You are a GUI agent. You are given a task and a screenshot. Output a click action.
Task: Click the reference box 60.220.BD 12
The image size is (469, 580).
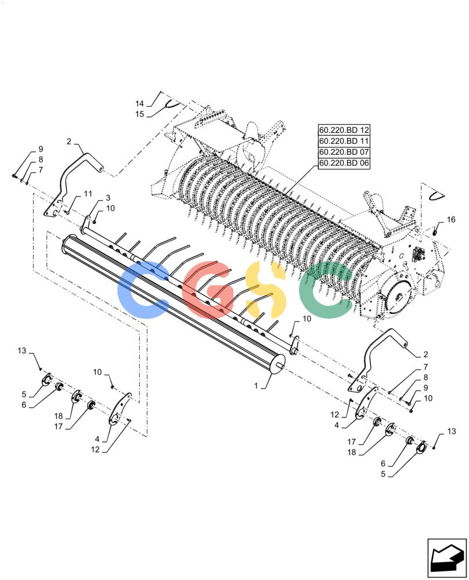[x=344, y=130]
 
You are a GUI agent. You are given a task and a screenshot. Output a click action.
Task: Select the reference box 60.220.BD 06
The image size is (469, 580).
[x=344, y=163]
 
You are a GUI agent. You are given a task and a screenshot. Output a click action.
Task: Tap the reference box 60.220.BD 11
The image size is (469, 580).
[x=344, y=141]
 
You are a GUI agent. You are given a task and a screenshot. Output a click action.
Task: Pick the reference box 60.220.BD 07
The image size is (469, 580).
[x=344, y=152]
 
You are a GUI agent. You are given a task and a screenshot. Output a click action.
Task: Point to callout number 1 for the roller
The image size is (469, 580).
[x=256, y=386]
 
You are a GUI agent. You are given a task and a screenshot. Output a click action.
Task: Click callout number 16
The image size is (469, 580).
[x=451, y=220]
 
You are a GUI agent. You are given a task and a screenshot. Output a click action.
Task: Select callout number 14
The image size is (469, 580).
[x=139, y=104]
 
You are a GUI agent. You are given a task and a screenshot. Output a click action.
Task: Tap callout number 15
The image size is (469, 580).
[x=139, y=114]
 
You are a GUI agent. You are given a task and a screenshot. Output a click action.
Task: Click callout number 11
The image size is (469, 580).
[x=88, y=194]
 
